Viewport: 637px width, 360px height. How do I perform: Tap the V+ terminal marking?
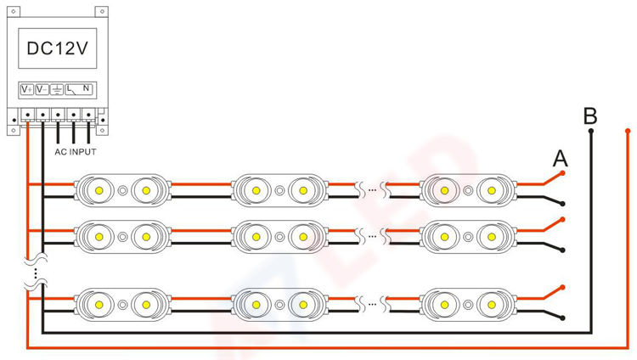coord(27,88)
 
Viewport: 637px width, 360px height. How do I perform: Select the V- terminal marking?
coord(42,88)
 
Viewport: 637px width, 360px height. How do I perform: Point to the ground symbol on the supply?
coord(57,88)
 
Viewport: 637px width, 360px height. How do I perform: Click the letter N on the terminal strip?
coord(87,88)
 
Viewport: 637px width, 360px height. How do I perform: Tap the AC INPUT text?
coord(75,152)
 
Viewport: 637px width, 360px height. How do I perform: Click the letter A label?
coord(560,159)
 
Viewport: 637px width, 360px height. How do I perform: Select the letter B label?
coord(591,116)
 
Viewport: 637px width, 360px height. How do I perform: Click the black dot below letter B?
coord(591,132)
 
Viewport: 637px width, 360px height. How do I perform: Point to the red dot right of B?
coord(627,132)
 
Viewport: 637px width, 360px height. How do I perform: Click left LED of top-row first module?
coord(99,190)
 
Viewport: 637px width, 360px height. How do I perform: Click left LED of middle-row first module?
coord(99,233)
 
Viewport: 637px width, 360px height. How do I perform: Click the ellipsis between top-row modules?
coord(372,190)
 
